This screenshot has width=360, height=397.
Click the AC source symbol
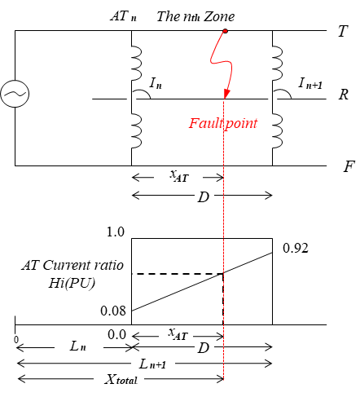pyautogui.click(x=15, y=94)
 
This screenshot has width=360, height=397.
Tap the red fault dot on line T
pyautogui.click(x=225, y=31)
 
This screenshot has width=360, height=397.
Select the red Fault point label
pyautogui.click(x=223, y=123)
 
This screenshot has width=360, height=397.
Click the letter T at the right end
pyautogui.click(x=343, y=31)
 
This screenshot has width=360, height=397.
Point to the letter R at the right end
pyautogui.click(x=344, y=95)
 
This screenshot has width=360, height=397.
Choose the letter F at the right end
pyautogui.click(x=349, y=166)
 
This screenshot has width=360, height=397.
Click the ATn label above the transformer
pyautogui.click(x=124, y=16)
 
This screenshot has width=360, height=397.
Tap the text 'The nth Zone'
pyautogui.click(x=195, y=16)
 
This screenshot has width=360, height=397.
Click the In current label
pyautogui.click(x=156, y=83)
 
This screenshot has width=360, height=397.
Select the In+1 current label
pyautogui.click(x=310, y=83)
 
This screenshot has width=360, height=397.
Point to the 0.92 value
pyautogui.click(x=296, y=248)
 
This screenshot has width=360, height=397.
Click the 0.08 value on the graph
pyautogui.click(x=113, y=311)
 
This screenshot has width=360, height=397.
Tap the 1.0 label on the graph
pyautogui.click(x=116, y=232)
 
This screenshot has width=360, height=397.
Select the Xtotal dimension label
pyautogui.click(x=121, y=379)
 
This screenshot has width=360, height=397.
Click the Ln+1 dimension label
pyautogui.click(x=152, y=364)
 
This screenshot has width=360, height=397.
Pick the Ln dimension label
pyautogui.click(x=78, y=346)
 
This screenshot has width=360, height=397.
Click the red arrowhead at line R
pyautogui.click(x=226, y=94)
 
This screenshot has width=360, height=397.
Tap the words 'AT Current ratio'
pyautogui.click(x=72, y=265)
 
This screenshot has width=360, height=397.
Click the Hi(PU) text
pyautogui.click(x=72, y=283)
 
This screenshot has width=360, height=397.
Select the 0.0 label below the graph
pyautogui.click(x=116, y=335)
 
